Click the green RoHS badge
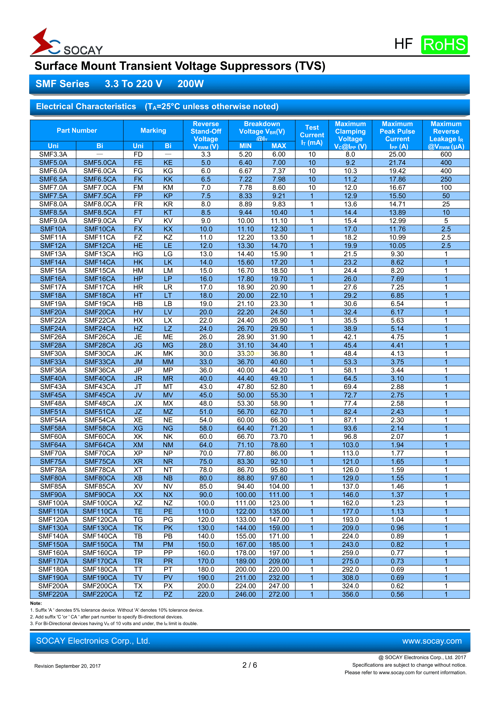(x=444, y=45)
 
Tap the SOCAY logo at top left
(x=67, y=43)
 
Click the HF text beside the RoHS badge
(x=403, y=44)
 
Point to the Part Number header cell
(x=77, y=131)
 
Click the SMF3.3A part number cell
(x=53, y=154)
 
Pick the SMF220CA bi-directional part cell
(x=100, y=594)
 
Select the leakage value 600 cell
(x=446, y=154)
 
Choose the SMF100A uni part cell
(x=53, y=503)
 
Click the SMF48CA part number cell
(x=100, y=404)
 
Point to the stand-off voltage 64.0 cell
(x=206, y=445)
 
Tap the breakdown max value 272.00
(x=279, y=594)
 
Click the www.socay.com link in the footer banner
(x=432, y=641)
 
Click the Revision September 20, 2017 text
(x=68, y=666)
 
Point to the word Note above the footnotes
(x=36, y=603)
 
